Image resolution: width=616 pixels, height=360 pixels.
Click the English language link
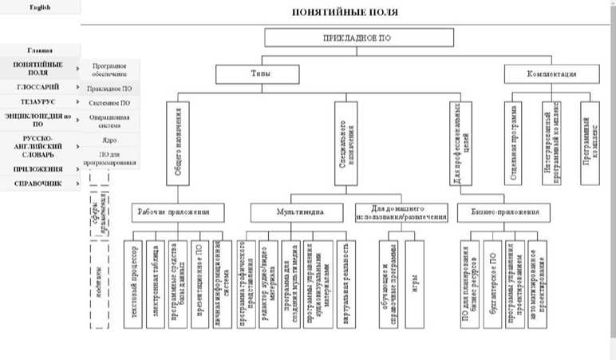point(39,7)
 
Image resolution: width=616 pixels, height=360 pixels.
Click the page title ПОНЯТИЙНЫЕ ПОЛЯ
point(346,13)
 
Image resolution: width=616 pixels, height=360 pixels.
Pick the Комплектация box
point(551,74)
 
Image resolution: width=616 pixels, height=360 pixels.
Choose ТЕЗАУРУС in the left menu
point(39,101)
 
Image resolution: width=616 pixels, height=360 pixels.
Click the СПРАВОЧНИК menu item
point(39,184)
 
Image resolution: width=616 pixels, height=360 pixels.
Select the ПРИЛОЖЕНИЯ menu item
point(39,169)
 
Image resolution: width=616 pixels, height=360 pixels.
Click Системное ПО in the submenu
point(110,103)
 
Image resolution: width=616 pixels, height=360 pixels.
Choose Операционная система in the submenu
point(110,121)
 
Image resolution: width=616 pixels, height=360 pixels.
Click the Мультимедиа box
point(300,212)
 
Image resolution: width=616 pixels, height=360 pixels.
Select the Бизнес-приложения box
point(504,212)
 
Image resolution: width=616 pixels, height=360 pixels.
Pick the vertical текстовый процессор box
point(133,282)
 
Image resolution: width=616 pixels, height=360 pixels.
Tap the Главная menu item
point(39,49)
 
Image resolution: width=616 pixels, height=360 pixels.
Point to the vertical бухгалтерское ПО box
point(493,282)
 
